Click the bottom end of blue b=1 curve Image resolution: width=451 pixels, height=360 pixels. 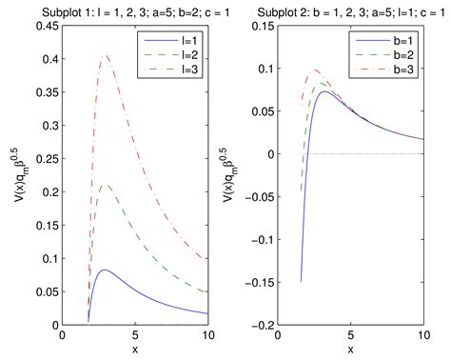302,281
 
